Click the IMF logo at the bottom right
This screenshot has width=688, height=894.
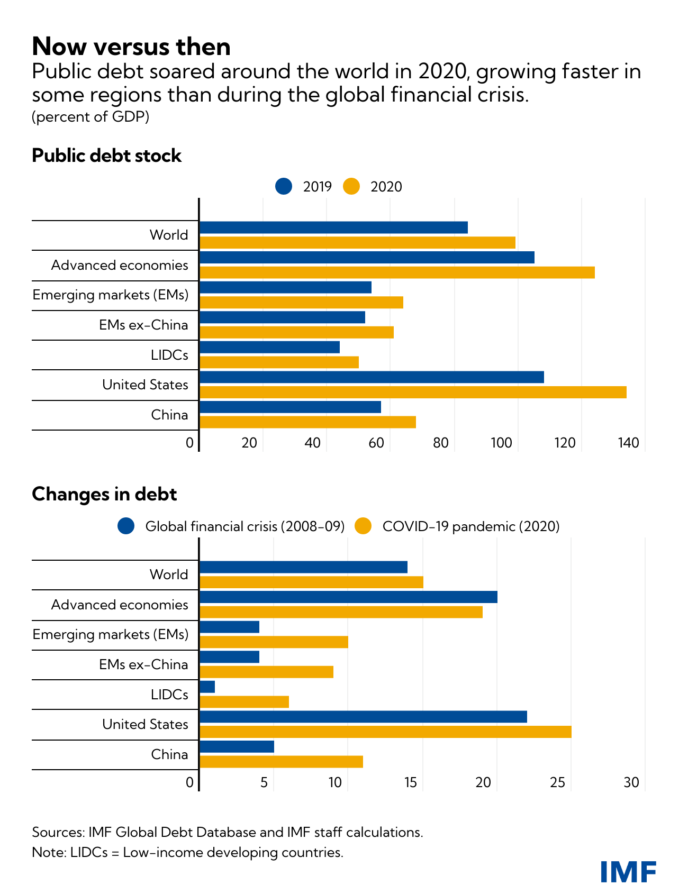[x=628, y=872]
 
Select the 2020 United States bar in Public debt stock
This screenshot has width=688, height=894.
[x=413, y=393]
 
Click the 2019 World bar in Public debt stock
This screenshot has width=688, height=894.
[x=333, y=227]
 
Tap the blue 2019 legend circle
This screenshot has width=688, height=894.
[x=284, y=186]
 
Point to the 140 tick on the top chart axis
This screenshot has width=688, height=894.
[x=629, y=443]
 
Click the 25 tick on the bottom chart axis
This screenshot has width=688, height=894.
[x=558, y=782]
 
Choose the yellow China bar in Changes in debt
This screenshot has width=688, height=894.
[x=281, y=762]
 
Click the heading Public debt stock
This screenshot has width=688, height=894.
[x=106, y=156]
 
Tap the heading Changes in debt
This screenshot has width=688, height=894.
[x=104, y=494]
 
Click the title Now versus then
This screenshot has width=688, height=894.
[x=131, y=47]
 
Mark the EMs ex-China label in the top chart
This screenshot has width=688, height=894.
[x=143, y=325]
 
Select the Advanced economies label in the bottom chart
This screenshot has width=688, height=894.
[x=120, y=605]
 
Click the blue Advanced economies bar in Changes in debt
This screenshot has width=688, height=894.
[x=348, y=597]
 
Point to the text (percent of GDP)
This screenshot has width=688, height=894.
[x=90, y=117]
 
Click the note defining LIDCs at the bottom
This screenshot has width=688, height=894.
[x=187, y=852]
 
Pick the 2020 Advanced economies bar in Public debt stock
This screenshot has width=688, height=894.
[x=397, y=272]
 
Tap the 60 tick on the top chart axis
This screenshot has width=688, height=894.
[x=376, y=443]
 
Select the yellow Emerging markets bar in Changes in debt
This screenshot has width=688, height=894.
[x=274, y=642]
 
